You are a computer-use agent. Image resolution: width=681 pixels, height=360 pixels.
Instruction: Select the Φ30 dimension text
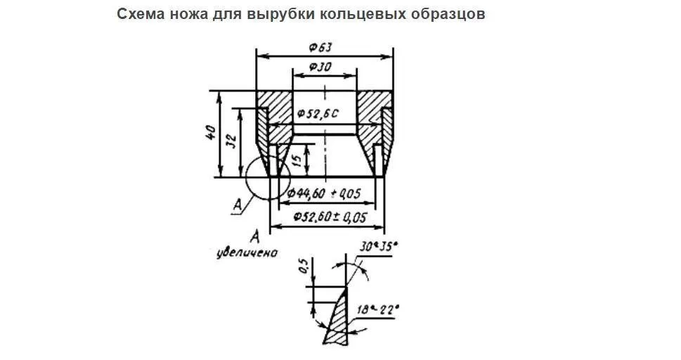pyautogui.click(x=320, y=67)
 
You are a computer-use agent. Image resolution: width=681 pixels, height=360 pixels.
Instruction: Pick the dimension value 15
pyautogui.click(x=298, y=159)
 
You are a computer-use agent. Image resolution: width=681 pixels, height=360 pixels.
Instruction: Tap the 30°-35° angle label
pyautogui.click(x=377, y=247)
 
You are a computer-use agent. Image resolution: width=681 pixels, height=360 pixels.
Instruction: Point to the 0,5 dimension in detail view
pyautogui.click(x=303, y=266)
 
